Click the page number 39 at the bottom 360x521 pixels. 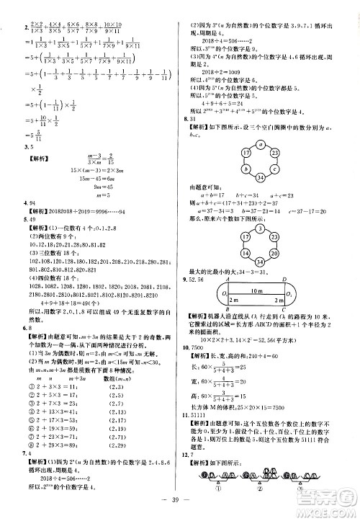pos(180,508)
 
